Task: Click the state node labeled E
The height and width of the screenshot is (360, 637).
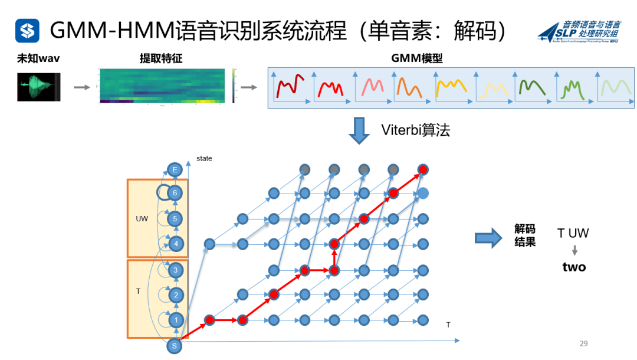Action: pos(175,170)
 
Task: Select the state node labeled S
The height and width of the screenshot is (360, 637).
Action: pos(175,346)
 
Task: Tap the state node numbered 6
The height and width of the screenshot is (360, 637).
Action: pos(175,192)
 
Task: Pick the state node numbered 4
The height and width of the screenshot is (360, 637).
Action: pos(175,243)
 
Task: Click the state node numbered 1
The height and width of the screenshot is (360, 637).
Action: pos(175,320)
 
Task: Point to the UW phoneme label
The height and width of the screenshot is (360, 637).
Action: pos(142,218)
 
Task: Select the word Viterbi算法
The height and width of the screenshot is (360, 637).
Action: pos(415,130)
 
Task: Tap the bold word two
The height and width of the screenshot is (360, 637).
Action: pos(574,267)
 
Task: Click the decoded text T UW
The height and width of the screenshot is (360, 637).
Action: pos(573,233)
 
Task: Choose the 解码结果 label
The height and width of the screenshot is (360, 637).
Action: pos(525,235)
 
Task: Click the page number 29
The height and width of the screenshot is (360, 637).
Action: pos(584,343)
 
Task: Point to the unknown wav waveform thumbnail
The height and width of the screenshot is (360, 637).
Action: pos(38,87)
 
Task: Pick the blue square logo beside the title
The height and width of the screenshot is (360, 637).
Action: pos(27,30)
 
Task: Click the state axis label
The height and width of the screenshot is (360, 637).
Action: pos(204,159)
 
